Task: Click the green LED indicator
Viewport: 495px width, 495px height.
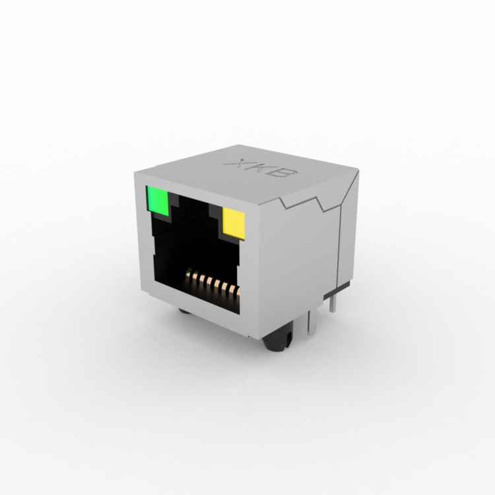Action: (x=158, y=201)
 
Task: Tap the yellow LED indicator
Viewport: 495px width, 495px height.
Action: (x=234, y=224)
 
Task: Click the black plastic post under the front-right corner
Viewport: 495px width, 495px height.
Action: (x=277, y=341)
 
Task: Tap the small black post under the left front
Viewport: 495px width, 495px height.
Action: (x=185, y=311)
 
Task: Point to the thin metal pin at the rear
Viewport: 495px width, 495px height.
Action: (x=332, y=303)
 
